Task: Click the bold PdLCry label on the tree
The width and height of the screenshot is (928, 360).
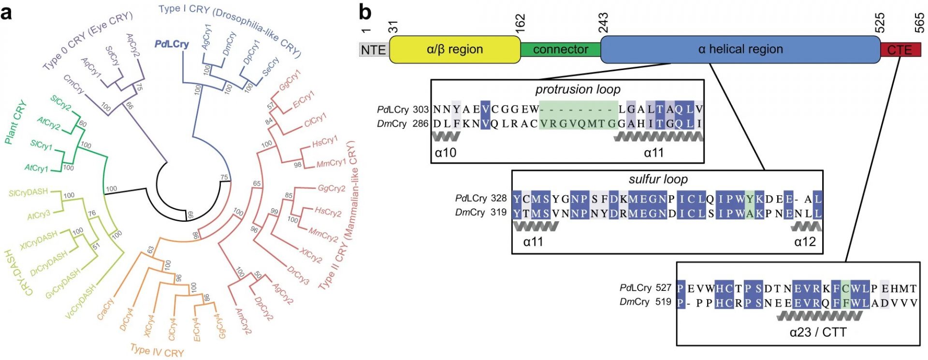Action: pyautogui.click(x=172, y=44)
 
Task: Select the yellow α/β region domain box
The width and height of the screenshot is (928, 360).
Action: pyautogui.click(x=455, y=49)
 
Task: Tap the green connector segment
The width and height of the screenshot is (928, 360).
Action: pyautogui.click(x=560, y=49)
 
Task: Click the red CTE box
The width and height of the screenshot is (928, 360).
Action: pyautogui.click(x=900, y=50)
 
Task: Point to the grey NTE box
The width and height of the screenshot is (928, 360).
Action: pyautogui.click(x=374, y=50)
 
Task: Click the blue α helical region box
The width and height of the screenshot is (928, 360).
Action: pyautogui.click(x=740, y=49)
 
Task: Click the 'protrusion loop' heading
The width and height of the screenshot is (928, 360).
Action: pyautogui.click(x=578, y=89)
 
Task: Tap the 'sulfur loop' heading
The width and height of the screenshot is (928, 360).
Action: pyautogui.click(x=658, y=179)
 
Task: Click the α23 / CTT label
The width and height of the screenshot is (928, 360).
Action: pyautogui.click(x=818, y=332)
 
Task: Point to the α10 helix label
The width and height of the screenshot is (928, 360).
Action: pyautogui.click(x=445, y=153)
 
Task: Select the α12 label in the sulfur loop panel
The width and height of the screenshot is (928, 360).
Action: pyautogui.click(x=805, y=242)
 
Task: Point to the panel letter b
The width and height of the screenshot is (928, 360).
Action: pyautogui.click(x=365, y=12)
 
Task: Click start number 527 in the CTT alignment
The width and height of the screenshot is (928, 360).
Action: pyautogui.click(x=664, y=288)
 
